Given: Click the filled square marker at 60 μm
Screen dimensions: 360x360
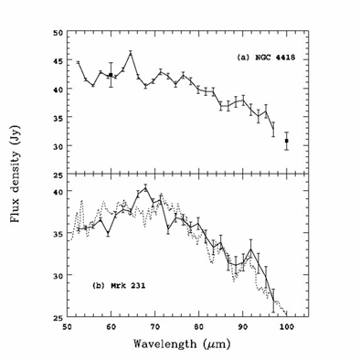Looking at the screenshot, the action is [x=111, y=75].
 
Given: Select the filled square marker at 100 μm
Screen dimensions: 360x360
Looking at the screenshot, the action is [x=287, y=141].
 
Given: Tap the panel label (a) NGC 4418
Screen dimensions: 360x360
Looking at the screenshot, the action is [x=266, y=58].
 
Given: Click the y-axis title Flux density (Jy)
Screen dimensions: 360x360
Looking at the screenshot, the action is [x=16, y=174].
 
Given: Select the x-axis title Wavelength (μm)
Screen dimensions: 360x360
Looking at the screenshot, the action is [x=182, y=344].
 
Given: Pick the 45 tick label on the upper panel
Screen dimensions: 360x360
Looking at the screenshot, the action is [x=57, y=61].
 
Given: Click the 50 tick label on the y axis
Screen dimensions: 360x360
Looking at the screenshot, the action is [x=57, y=33].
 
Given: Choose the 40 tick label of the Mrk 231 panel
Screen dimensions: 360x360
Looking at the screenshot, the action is [x=57, y=192].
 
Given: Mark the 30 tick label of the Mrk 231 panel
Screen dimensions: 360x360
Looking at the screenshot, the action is [x=57, y=276].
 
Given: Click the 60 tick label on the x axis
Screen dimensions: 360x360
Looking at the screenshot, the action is [x=111, y=327].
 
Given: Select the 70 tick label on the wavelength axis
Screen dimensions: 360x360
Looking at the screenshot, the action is [x=155, y=327].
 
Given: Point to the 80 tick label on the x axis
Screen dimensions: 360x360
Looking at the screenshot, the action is [x=199, y=327].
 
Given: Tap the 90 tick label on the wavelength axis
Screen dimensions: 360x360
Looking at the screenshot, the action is [x=243, y=327].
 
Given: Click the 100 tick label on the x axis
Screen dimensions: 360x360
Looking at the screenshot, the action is [x=287, y=327].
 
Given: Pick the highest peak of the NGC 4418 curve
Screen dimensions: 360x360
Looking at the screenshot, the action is [x=131, y=54].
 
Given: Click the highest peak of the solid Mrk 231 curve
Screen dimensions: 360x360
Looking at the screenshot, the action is [x=145, y=187].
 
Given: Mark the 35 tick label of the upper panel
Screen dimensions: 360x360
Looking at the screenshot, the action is [x=57, y=118].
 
